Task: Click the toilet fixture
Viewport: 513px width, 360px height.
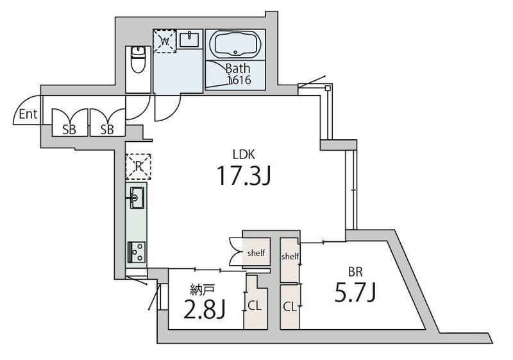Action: [x=138, y=60]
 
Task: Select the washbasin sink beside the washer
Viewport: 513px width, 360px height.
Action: [x=189, y=39]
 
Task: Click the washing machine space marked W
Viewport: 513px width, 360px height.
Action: [x=165, y=41]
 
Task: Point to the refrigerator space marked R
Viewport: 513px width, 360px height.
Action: [x=139, y=166]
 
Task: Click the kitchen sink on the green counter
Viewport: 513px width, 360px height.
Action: [x=137, y=198]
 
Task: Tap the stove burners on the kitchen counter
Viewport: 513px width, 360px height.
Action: [x=137, y=252]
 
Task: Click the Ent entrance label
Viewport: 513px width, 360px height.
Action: [x=28, y=114]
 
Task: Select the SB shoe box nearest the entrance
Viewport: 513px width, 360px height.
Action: [x=70, y=123]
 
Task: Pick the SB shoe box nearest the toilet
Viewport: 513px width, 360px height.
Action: [x=108, y=123]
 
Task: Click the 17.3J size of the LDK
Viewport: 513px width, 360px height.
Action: [x=244, y=175]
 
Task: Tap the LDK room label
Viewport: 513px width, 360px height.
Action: [x=244, y=154]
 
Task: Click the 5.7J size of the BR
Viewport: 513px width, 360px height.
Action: [x=355, y=292]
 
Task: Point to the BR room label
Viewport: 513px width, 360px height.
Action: [x=355, y=271]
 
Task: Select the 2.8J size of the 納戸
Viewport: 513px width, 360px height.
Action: [x=204, y=309]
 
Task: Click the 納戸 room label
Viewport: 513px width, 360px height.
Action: [x=203, y=289]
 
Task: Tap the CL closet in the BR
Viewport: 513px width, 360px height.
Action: [x=290, y=307]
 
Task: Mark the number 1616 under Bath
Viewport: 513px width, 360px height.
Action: [x=239, y=80]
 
